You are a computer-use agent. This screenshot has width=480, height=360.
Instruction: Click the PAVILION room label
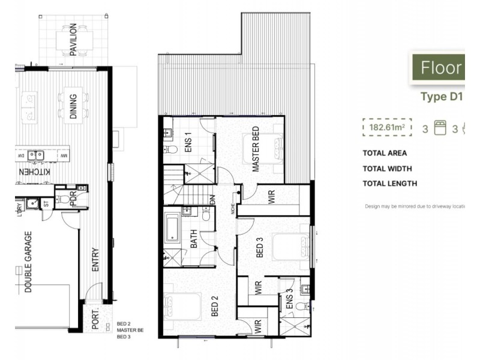73,40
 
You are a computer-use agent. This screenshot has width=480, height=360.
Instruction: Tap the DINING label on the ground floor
73,105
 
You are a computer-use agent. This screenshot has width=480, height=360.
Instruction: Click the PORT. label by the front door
95,319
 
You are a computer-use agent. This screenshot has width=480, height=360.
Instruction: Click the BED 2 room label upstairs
214,306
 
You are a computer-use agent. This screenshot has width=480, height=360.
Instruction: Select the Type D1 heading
442,97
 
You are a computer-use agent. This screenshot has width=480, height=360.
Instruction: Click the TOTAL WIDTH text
389,169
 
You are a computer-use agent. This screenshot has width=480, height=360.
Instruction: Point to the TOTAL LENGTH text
390,184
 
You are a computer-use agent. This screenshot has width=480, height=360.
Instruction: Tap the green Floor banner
437,67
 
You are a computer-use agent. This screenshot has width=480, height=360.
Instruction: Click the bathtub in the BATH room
173,228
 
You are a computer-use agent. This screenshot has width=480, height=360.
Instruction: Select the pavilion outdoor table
73,39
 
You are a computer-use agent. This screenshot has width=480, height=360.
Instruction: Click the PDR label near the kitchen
74,199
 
